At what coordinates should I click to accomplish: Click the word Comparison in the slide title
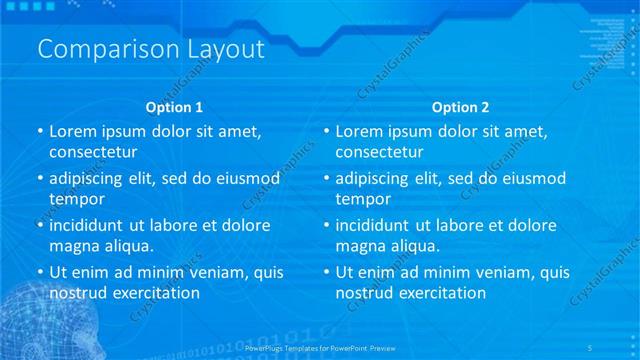coord(102,49)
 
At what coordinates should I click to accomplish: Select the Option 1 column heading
coord(174,107)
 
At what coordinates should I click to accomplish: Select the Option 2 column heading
coord(461,107)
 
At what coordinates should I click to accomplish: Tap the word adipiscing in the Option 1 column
coord(91,179)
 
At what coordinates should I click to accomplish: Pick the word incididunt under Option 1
coord(92,225)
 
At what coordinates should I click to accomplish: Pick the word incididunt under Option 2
coord(379,225)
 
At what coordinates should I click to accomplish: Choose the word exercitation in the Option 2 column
coord(440,292)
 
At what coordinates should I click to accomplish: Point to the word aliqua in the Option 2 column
coord(417,245)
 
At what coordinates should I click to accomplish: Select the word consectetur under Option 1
coord(93,152)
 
